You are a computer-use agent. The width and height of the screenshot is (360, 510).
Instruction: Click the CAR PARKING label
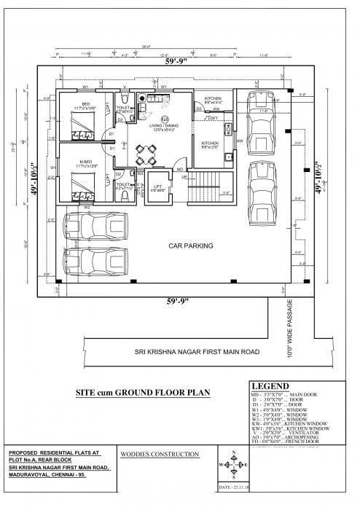[191, 246]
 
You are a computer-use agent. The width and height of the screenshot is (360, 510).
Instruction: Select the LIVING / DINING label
[165, 127]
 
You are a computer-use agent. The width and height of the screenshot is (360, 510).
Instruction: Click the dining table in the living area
[146, 154]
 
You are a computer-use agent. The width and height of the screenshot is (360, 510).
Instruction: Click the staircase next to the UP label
[209, 187]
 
